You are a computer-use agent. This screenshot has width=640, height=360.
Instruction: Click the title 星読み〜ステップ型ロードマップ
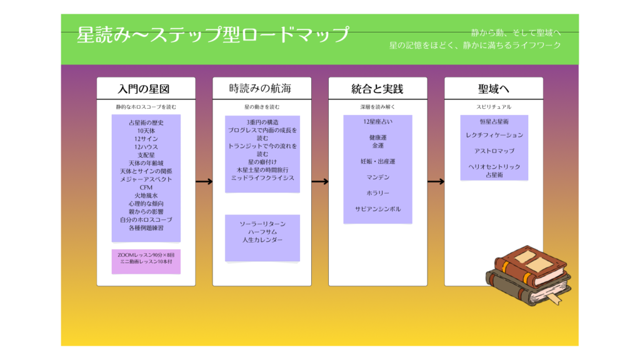point(213,34)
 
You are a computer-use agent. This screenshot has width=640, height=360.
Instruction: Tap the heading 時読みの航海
point(260,88)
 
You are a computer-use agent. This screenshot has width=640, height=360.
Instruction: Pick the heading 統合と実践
point(377,88)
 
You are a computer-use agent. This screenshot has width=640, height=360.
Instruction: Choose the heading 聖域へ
point(494,88)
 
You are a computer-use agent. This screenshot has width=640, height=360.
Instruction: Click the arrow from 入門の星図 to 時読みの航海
point(204,182)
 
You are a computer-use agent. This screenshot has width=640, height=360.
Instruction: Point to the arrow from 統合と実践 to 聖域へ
point(436,182)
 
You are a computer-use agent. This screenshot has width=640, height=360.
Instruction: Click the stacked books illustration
point(527,275)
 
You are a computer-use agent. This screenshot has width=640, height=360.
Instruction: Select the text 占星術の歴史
point(146,122)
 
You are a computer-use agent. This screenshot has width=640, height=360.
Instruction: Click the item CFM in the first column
point(146,187)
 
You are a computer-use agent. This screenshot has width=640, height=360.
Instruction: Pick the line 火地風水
point(146,196)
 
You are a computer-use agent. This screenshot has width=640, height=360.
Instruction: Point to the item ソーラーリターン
point(262,223)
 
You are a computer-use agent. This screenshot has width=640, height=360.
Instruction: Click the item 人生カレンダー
point(262,239)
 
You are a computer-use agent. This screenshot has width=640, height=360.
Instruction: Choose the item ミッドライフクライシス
point(262,178)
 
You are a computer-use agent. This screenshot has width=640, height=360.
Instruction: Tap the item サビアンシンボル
point(377,209)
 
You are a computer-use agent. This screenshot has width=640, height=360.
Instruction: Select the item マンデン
point(377,177)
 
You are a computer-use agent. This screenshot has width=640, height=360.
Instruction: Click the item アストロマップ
point(494,151)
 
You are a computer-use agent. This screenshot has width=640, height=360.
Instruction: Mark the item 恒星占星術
point(494,121)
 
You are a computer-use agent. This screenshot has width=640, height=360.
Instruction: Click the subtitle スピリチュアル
point(494,107)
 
